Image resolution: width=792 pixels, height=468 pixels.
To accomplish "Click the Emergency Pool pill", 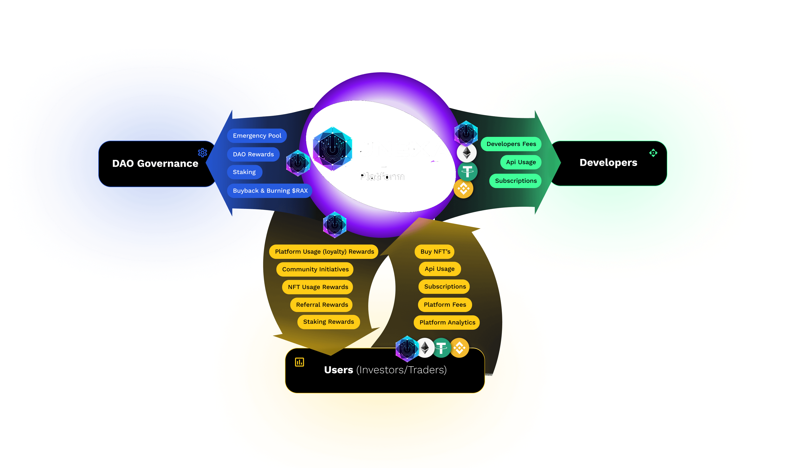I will pos(257,136).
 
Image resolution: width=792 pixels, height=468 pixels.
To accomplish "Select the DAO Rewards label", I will pos(253,154).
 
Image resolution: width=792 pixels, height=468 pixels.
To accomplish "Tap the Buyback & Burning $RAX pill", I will pos(270,190).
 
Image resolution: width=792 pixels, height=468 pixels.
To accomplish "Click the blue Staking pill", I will pos(244,172).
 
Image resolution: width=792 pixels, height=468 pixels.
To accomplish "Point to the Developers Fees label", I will pos(511,144).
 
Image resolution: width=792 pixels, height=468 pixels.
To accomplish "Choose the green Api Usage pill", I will pos(521,162).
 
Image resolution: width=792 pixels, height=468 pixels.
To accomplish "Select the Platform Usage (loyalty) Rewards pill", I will pos(324,252).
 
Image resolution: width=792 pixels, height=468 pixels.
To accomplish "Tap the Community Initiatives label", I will pos(315,269).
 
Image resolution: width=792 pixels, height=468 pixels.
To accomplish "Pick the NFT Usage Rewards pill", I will pos(318,287).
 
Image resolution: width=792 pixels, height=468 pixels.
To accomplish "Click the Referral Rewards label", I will pos(322,305).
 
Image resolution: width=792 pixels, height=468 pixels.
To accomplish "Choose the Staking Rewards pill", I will pos(328,322).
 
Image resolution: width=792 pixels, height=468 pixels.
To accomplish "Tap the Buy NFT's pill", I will pos(435,252).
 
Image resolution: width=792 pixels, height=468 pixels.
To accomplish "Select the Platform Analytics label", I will pos(447,322).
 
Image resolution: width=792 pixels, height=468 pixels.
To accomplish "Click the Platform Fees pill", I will pos(445,305).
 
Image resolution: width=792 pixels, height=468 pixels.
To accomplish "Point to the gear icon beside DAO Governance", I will pos(202,153).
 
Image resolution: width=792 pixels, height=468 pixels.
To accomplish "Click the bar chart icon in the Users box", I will pos(299,362).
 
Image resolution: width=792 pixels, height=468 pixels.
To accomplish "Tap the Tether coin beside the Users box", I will pos(441,348).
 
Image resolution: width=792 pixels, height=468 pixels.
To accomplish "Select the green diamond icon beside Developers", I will pos(653,153).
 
